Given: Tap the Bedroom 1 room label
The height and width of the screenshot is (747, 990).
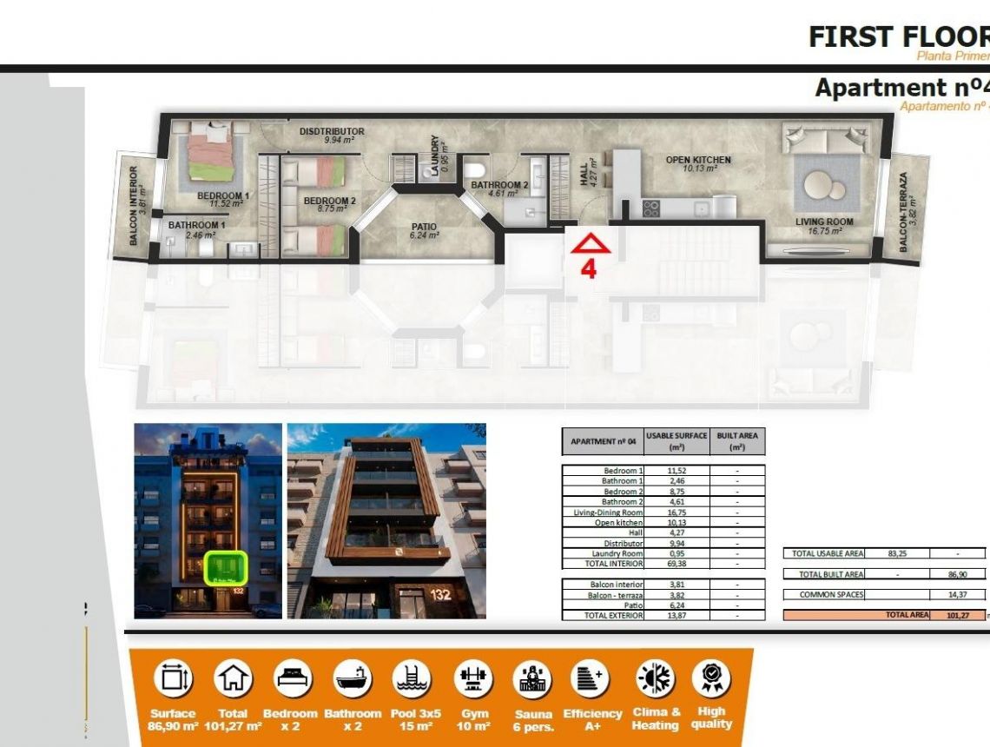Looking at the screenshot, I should click(x=222, y=196).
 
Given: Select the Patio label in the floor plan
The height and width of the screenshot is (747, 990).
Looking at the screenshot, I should click(x=424, y=228).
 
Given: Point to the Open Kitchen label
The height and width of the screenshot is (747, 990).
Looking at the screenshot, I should click(x=698, y=160).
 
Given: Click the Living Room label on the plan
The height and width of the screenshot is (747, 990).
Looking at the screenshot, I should click(x=824, y=222).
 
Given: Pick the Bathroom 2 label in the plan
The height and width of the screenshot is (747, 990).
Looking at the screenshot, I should click(x=499, y=185).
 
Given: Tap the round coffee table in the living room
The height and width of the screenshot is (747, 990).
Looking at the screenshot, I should click(x=822, y=185).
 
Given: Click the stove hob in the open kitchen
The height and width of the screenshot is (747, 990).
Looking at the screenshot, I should click(x=650, y=208).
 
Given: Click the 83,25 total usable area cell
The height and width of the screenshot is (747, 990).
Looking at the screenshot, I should click(x=898, y=553).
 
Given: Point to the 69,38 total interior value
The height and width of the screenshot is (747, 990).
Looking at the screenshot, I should click(x=677, y=564).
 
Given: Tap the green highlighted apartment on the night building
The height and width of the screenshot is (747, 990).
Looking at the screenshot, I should click(x=226, y=568).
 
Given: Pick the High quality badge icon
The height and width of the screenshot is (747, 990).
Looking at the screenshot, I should click(x=710, y=678).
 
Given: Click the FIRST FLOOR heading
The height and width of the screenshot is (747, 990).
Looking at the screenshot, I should click(x=898, y=36).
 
